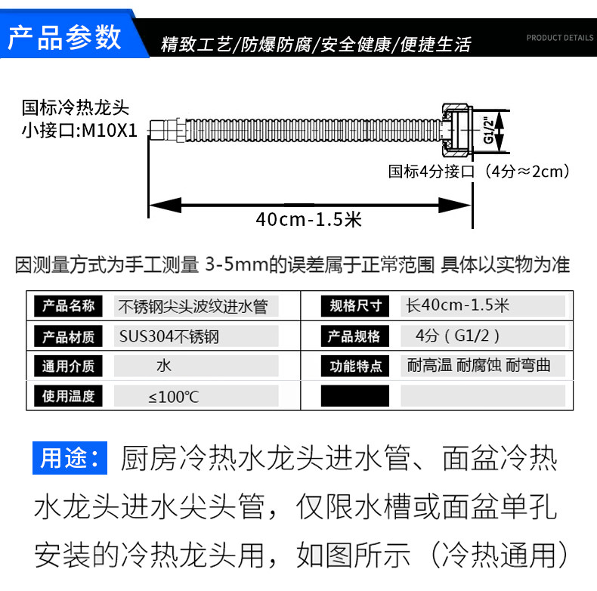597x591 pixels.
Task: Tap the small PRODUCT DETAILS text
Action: point(559,37)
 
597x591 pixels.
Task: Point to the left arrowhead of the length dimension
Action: point(155,205)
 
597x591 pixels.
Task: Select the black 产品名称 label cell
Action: point(69,306)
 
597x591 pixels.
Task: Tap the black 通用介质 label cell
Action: point(69,367)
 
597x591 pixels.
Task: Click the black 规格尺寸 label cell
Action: point(355,306)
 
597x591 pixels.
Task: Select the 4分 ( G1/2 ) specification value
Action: point(457,336)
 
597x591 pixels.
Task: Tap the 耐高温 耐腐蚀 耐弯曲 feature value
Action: point(478,367)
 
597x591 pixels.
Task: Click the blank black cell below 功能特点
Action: point(355,396)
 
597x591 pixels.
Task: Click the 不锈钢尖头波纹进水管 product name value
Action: point(192,306)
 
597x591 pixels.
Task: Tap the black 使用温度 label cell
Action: point(69,396)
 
